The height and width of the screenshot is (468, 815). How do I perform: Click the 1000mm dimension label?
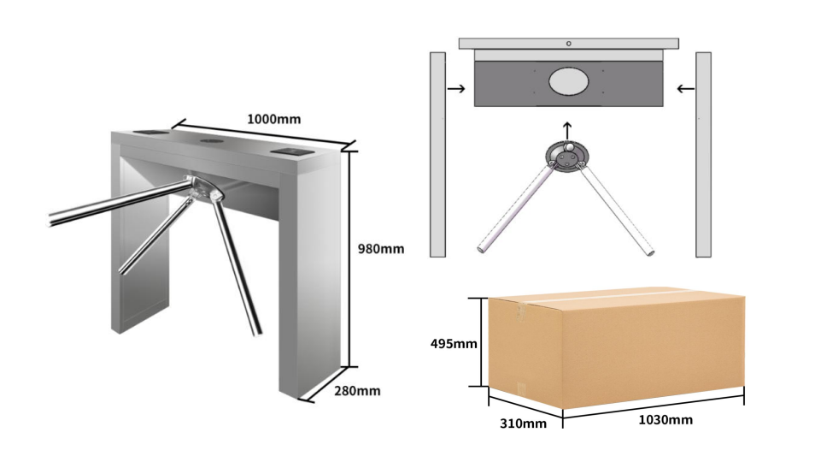point(273,119)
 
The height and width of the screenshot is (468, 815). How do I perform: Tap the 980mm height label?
point(381,249)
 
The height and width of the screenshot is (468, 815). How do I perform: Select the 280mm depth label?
point(357,390)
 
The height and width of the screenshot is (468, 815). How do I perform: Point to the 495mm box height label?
point(454,344)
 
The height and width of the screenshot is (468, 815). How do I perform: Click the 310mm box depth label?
point(523,424)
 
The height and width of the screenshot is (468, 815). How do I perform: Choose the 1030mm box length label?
point(665,419)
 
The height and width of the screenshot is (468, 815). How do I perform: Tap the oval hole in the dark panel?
point(569,82)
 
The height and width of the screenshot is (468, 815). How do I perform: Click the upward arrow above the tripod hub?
point(567,131)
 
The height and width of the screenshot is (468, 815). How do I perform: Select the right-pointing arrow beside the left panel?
point(456,89)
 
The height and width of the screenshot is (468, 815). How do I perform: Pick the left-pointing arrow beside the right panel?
point(686,89)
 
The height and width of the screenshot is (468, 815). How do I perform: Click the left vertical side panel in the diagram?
point(437,155)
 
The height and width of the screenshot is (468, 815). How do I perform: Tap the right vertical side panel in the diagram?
point(703,155)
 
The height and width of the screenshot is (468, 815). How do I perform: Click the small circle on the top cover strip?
point(569,44)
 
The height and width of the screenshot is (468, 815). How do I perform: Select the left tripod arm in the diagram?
point(514,209)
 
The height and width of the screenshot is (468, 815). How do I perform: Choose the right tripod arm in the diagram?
point(617,210)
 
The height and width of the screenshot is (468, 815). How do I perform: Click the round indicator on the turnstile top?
point(212,140)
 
